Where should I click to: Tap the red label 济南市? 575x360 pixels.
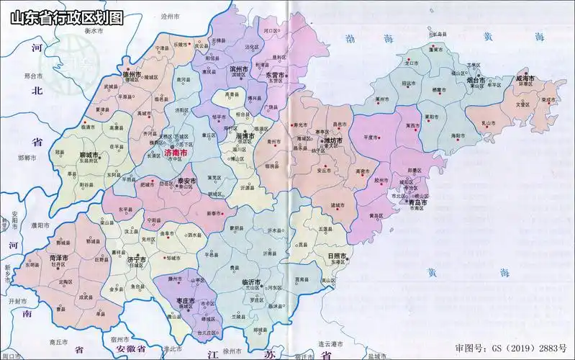click(176, 154)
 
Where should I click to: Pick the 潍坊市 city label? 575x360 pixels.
click(333, 141)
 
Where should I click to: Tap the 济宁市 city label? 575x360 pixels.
click(136, 259)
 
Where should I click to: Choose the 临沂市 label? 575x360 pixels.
click(250, 282)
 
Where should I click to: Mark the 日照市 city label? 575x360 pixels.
click(338, 256)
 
